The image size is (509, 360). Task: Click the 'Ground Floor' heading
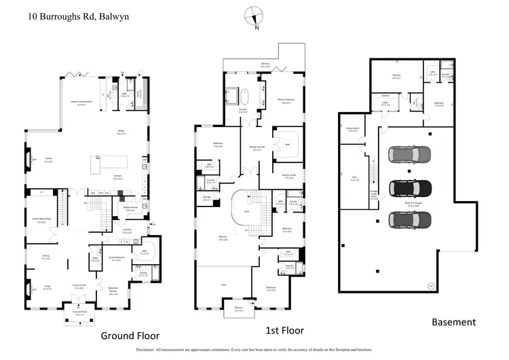point(130,336)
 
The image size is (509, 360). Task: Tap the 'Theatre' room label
point(396,76)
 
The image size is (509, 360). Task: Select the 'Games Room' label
point(352,128)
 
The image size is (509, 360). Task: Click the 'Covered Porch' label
point(79,313)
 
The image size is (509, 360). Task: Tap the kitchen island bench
point(109,164)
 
